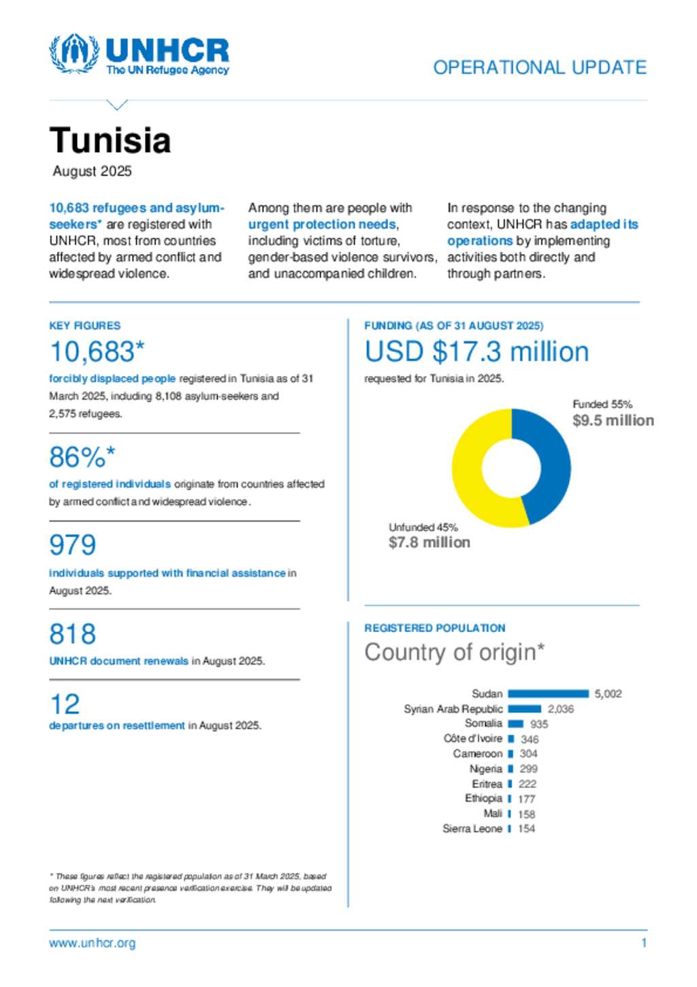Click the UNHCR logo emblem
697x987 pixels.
(x=74, y=54)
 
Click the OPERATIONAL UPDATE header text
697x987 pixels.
(x=540, y=67)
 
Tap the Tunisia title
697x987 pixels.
(x=110, y=140)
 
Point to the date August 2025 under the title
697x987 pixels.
(x=93, y=171)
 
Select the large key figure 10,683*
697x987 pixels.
(x=97, y=352)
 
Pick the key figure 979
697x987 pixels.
(x=73, y=545)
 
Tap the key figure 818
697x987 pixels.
(x=73, y=633)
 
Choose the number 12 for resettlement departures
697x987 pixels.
(x=65, y=704)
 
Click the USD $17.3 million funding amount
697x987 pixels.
(x=476, y=352)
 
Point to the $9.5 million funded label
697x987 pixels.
(x=613, y=420)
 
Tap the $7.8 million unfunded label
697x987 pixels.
(x=429, y=542)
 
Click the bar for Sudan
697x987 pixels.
(x=548, y=693)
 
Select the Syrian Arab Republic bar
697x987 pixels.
(x=524, y=709)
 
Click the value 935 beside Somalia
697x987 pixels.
(x=539, y=724)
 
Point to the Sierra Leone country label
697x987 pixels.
(x=472, y=829)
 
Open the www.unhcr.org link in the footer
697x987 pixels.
(x=93, y=943)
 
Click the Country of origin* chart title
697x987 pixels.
(x=454, y=652)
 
